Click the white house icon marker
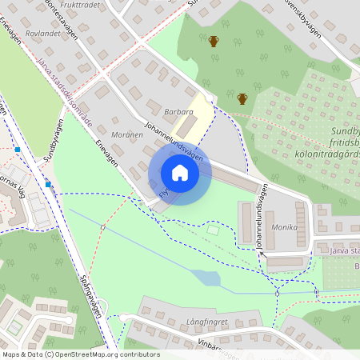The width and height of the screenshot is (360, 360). pos(180,173)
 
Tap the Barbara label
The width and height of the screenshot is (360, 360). pos(178,113)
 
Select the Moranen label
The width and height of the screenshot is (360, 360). pos(127,134)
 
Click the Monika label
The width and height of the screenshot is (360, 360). pos(284,227)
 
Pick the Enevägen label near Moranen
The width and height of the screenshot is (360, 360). pos(106,154)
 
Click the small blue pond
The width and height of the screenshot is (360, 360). pos(206,278)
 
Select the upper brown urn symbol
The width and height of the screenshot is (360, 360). pos(214,41)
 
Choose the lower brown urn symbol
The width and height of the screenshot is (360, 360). pos(242,98)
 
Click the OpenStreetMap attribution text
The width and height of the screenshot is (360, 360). pos(80,354)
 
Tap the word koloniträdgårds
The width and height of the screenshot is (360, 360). pos(326,154)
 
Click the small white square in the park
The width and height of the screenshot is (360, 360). pos(212,230)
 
